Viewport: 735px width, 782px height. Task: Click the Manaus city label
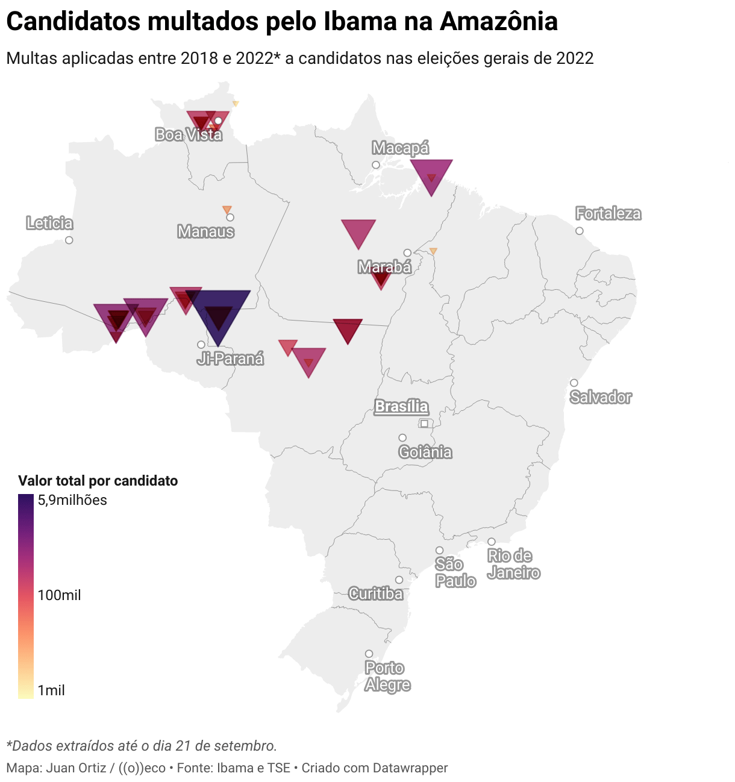[x=205, y=231]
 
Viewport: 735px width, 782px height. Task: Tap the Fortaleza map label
[x=608, y=214]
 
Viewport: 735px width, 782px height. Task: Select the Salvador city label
[x=601, y=398]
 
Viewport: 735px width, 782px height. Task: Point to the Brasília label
[x=401, y=407]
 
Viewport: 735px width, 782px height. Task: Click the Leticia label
[x=49, y=224]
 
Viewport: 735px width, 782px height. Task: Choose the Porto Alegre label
[x=387, y=677]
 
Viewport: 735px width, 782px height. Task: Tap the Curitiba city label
[x=375, y=594]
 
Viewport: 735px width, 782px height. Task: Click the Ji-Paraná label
[x=230, y=359]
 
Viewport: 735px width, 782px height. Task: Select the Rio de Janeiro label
[x=513, y=564]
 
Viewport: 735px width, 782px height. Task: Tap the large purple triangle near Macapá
[x=431, y=174]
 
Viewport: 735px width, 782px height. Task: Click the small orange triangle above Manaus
[x=227, y=210]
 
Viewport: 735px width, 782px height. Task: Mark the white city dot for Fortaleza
[x=580, y=231]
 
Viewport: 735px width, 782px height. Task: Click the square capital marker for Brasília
[x=424, y=424]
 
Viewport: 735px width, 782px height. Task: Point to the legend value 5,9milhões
[x=72, y=500]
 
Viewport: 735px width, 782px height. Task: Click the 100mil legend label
[x=59, y=595]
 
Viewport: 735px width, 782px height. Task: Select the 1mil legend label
[x=51, y=690]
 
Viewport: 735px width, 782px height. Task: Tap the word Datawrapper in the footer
[x=410, y=768]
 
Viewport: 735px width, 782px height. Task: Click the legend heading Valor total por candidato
[x=98, y=481]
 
